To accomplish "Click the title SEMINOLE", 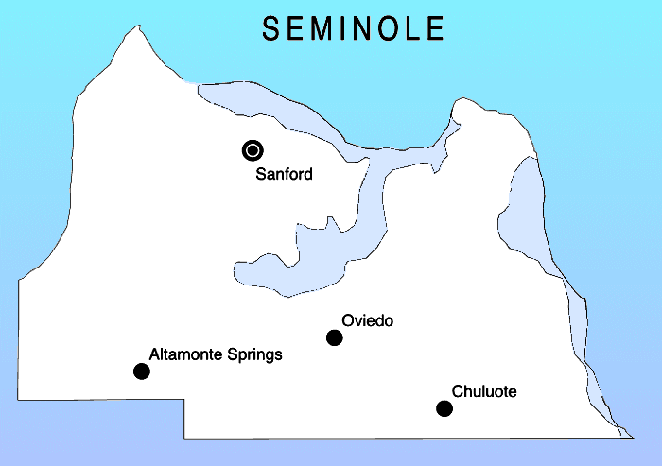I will point(353,29).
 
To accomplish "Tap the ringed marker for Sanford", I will point(253,149).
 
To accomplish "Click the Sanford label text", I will point(284,174).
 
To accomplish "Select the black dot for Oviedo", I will point(334,337).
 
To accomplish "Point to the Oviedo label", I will point(369,321).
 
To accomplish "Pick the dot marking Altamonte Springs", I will point(142,371).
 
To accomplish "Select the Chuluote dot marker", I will point(444,408).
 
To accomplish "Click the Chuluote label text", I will point(484,391).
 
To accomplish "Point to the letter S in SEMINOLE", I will point(271,29).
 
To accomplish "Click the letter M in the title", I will point(327,29).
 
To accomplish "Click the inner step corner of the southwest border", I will point(184,398).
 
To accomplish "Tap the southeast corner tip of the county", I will point(631,437).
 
